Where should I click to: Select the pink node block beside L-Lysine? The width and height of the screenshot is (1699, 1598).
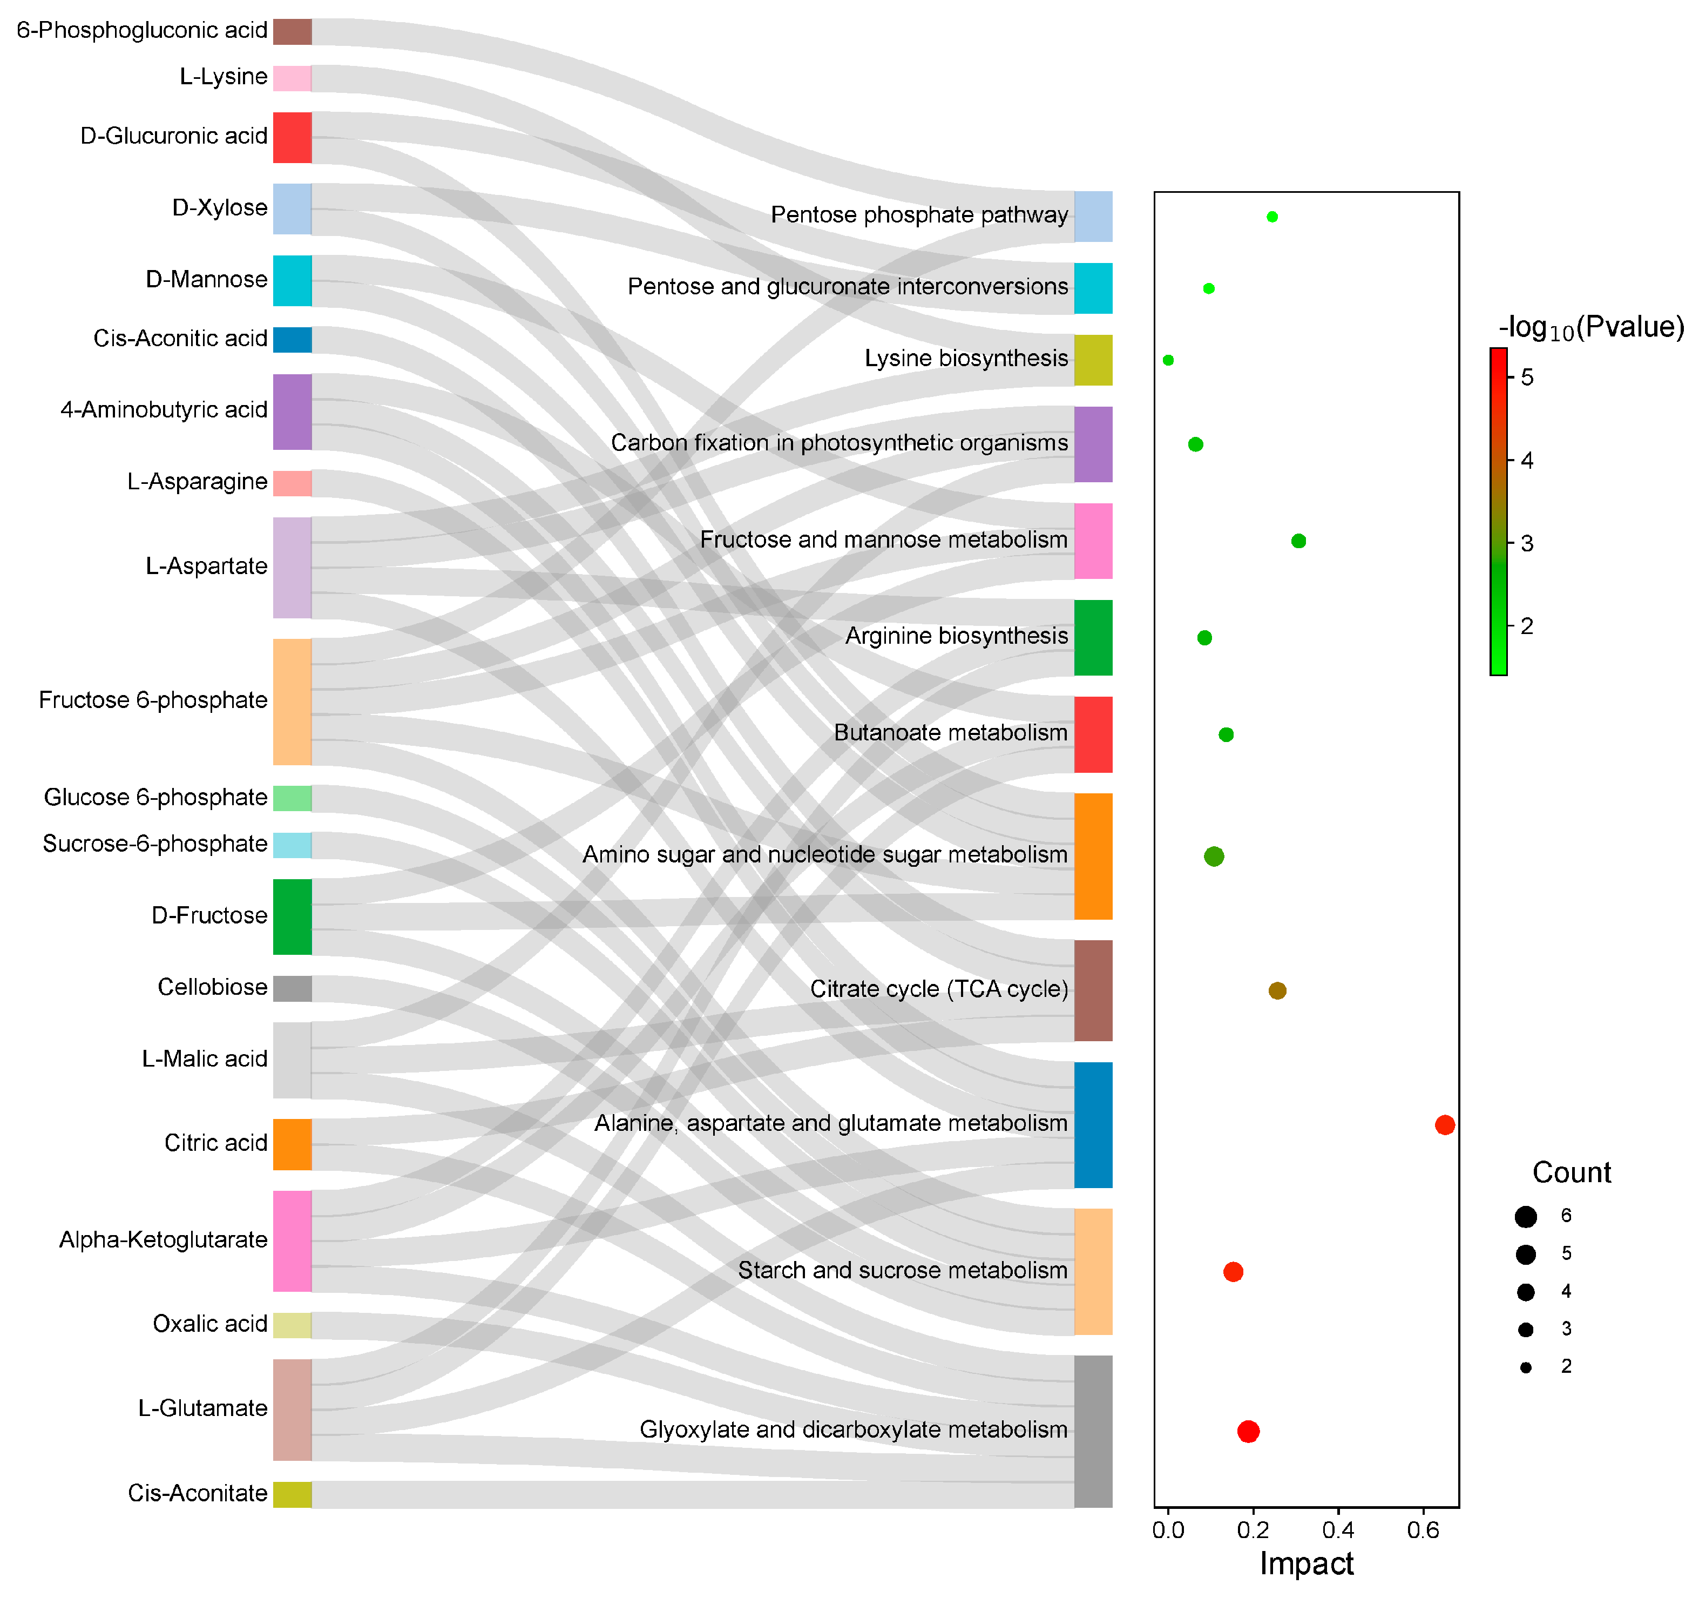292,78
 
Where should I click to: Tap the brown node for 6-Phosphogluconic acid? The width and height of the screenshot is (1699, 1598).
292,32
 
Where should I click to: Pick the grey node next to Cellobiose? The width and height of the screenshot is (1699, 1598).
292,988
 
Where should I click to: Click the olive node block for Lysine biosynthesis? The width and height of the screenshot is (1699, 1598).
1093,360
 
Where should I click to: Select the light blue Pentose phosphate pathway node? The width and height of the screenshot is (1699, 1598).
1093,217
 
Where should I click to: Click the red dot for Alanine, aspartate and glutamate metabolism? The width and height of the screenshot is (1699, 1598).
1444,1124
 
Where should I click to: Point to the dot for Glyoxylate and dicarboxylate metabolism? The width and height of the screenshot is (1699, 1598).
1248,1431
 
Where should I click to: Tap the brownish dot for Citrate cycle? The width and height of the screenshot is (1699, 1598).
1277,990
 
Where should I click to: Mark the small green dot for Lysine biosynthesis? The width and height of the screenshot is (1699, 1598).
1168,360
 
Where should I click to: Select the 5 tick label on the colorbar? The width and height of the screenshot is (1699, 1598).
1527,377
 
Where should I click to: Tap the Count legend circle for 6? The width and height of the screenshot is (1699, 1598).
1526,1216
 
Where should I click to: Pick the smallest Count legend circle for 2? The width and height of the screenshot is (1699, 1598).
1526,1367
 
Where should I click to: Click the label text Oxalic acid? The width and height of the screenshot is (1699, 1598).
210,1324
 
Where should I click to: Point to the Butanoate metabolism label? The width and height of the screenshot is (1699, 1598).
950,733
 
